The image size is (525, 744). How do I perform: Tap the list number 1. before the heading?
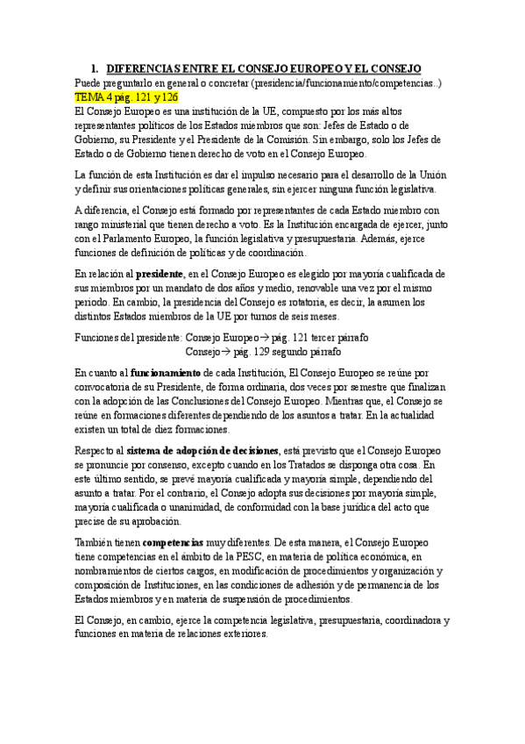pyautogui.click(x=94, y=68)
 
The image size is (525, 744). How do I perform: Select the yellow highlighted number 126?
pyautogui.click(x=169, y=97)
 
